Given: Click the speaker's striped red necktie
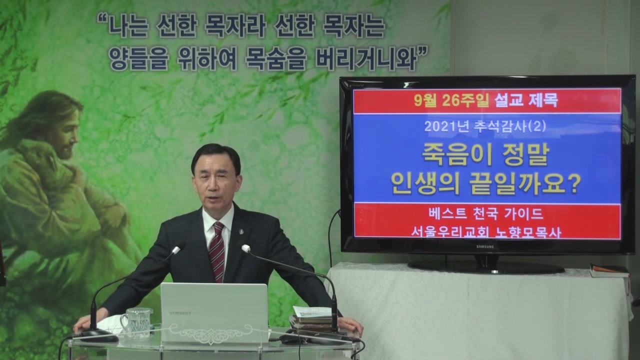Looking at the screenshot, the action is [217, 251].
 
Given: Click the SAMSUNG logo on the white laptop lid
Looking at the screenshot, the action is [179, 313].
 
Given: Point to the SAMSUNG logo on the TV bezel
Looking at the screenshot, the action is [485, 246].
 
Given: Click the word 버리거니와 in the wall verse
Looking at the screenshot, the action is [366, 59].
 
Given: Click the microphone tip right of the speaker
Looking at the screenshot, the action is [245, 248].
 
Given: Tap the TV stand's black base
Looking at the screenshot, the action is [485, 267].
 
